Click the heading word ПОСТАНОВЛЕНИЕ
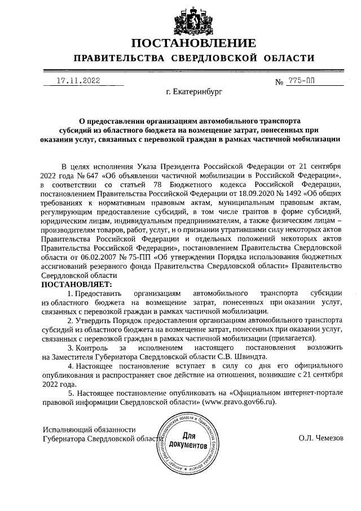click(x=193, y=43)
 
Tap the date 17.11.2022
click(x=78, y=81)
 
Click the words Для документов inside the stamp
click(x=188, y=441)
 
